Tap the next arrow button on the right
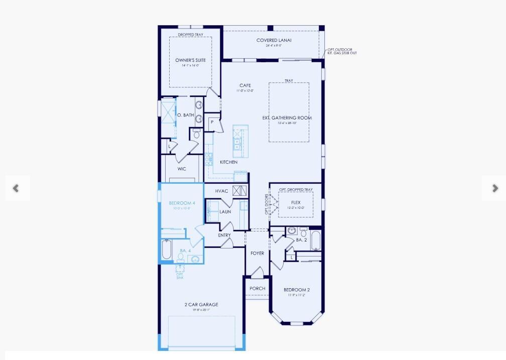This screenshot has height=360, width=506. pos(494,188)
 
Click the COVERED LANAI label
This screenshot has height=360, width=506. pos(274,41)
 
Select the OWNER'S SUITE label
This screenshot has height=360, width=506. pos(190,60)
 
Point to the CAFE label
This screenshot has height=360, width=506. pos(245,86)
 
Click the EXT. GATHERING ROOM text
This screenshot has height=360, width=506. pos(287,118)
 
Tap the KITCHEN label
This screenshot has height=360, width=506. pos(228,162)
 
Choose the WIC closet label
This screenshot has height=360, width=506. pos(182,169)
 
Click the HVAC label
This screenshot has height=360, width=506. pos(222,191)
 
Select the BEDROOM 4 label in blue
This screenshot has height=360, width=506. pos(181,203)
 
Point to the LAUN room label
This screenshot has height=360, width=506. pos(225,212)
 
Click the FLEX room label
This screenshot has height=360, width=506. pos(296,203)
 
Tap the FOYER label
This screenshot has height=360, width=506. pos(257,254)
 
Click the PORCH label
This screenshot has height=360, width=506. pos(257,289)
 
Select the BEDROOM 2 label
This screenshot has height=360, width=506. pos(297,290)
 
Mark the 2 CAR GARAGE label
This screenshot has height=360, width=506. pos(201,305)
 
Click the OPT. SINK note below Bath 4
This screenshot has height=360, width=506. pos(180,276)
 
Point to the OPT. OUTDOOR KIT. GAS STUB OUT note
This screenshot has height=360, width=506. pos(342,51)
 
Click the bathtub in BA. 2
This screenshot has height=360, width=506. pos(315,241)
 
